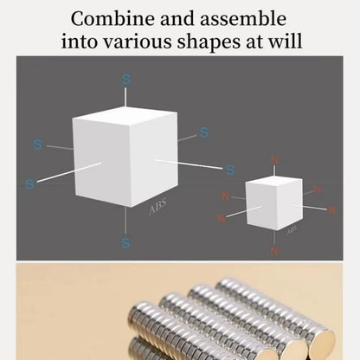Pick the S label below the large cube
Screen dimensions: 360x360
click(125, 243)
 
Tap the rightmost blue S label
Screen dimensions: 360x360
click(230, 170)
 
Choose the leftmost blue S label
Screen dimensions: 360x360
click(29, 184)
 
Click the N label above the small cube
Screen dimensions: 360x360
click(275, 159)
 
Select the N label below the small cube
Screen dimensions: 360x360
click(274, 251)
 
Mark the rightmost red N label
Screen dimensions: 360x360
click(331, 209)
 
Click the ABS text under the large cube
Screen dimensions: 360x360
click(157, 208)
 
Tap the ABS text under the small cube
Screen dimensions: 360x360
click(292, 231)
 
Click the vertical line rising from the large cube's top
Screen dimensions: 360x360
click(126, 97)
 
